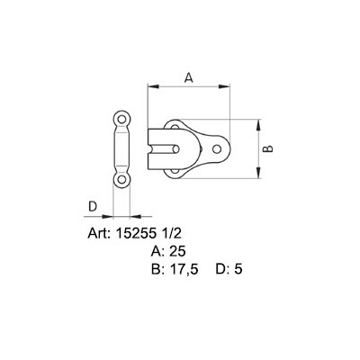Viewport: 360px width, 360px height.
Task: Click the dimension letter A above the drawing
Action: (187, 77)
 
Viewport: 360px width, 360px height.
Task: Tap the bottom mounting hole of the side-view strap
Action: (121, 181)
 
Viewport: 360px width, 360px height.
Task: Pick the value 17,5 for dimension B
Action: (183, 268)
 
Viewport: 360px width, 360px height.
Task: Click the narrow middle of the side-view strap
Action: (121, 149)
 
